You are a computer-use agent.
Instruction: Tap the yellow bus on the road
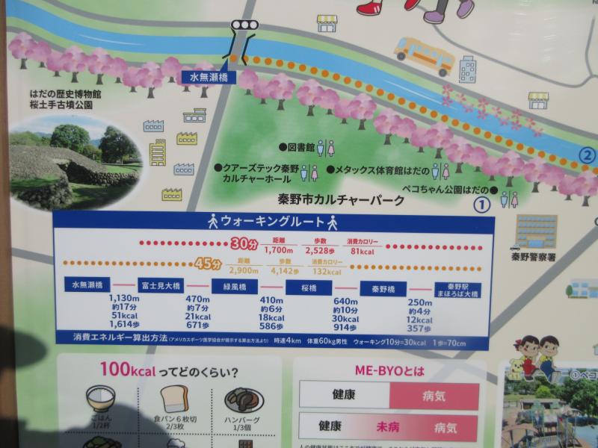424,55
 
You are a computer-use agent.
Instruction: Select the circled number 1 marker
483,202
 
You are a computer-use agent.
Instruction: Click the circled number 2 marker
588,156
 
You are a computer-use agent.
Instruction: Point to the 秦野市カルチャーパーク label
341,200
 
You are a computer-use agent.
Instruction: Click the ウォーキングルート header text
274,222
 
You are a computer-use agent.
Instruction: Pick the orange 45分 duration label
209,264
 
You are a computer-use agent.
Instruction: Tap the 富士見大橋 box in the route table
161,287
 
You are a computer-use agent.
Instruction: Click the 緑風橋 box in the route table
235,287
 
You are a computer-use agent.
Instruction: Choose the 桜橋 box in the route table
309,287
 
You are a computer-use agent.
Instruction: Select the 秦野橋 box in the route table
383,288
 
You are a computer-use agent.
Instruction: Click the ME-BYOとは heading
389,370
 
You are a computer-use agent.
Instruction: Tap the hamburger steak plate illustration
244,400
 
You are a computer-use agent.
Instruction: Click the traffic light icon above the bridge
244,25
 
